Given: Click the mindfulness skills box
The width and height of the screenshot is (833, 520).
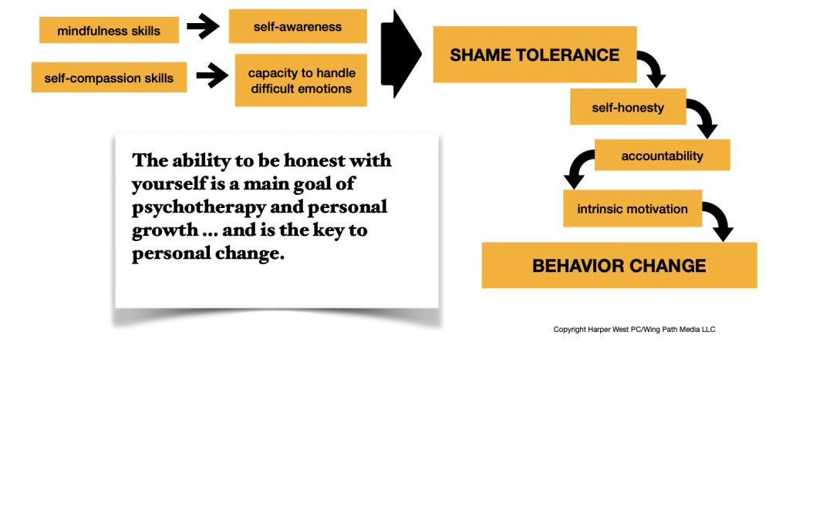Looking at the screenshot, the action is [109, 30].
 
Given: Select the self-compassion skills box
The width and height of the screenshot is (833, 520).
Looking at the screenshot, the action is [109, 78].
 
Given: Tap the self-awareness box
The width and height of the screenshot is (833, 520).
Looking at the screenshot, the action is [298, 26].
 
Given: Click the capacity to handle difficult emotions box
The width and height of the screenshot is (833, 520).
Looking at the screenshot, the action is [301, 80].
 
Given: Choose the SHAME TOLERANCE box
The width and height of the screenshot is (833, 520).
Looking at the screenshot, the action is [535, 55].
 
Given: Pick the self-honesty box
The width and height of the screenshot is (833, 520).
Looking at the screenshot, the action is [628, 106].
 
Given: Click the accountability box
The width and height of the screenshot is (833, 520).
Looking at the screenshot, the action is [662, 155].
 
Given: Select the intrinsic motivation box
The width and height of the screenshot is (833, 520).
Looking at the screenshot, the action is [632, 209].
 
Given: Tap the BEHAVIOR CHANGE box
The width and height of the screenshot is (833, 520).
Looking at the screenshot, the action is [619, 265].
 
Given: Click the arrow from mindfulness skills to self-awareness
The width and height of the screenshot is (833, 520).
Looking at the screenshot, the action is [204, 25].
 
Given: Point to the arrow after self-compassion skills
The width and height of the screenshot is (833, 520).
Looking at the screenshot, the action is [213, 75].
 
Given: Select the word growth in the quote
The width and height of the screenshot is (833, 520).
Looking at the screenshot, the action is [165, 231].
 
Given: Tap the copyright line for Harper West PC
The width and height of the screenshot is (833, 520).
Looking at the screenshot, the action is [634, 330].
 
